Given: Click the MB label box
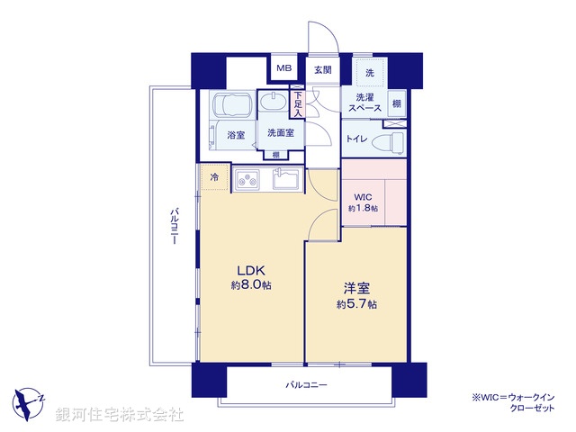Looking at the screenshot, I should [283, 68].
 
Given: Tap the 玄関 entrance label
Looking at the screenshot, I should [322, 68].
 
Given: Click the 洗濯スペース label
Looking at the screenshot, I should [366, 103].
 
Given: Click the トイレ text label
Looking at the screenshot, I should [356, 139].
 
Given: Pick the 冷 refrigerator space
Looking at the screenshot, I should [214, 178].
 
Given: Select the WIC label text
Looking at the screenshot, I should [362, 195].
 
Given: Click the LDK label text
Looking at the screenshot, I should [251, 269].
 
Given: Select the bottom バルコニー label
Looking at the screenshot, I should [307, 385].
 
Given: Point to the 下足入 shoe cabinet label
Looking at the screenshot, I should [298, 103].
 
